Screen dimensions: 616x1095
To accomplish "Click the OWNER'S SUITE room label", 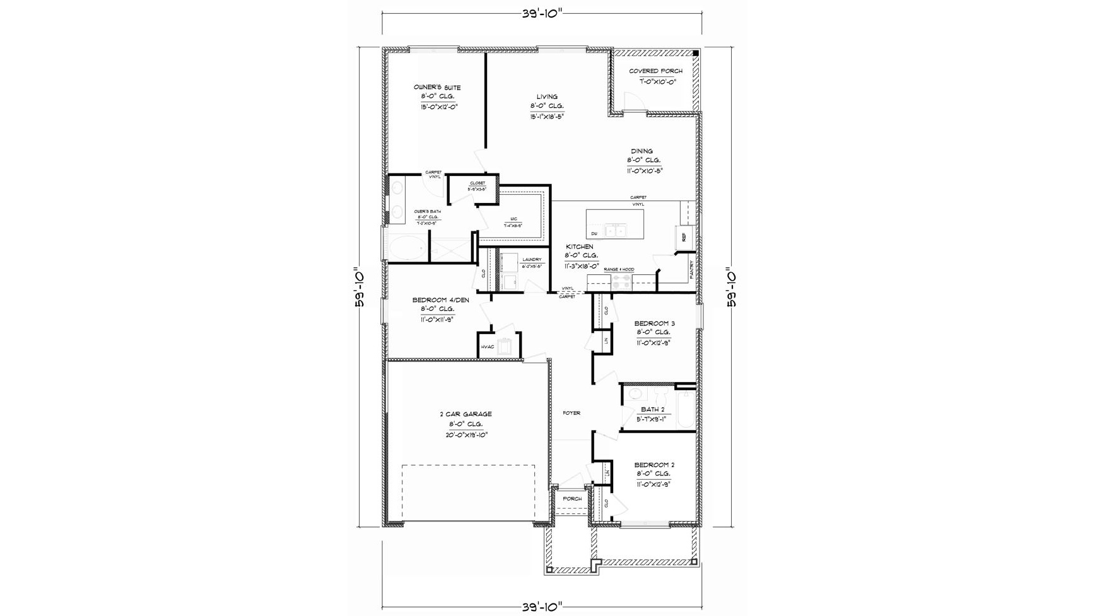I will pos(437,88).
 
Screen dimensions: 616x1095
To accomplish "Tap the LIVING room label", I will pos(547,97).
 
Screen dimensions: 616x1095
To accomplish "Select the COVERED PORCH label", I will pos(655,71).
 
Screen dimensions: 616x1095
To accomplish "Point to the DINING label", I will pos(642,151).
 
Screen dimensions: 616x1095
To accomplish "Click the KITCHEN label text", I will pos(579,247).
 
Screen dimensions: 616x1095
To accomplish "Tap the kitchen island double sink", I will pos(615,231).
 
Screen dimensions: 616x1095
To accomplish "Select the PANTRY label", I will pos(691,270).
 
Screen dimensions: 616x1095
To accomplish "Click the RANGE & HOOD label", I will pos(619,269).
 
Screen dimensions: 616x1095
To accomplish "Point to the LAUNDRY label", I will pos(532,260).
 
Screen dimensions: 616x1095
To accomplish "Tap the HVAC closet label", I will pos(488,347).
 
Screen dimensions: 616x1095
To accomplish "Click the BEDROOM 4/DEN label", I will pos(440,300).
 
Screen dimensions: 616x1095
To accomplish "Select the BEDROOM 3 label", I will pos(655,323).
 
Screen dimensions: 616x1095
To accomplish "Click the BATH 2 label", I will pos(653,409).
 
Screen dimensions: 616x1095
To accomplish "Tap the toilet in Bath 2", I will pos(661,397).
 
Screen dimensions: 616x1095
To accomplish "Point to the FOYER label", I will pos(571,413).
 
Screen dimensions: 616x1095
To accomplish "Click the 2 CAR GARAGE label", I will pos(466,414).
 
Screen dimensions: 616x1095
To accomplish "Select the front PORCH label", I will pos(572,499).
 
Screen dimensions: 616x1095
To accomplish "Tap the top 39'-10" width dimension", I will pos(542,14).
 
